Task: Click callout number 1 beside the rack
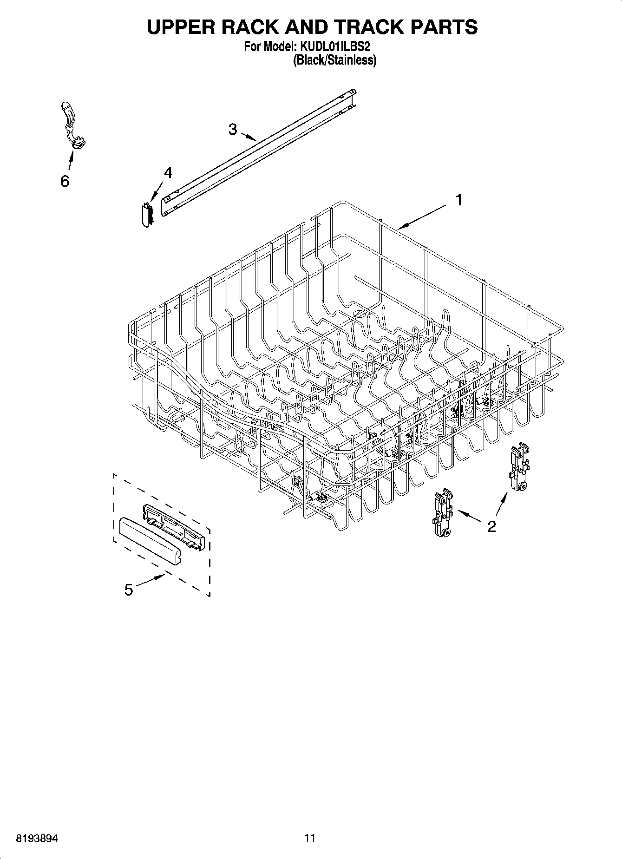coord(458,201)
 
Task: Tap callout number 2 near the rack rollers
coord(491,526)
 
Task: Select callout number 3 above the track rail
coord(233,130)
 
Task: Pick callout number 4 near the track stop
coord(168,173)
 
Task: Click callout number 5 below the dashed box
coord(129,590)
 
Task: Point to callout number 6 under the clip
coord(65,181)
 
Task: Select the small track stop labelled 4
coord(148,214)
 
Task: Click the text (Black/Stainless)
coord(334,60)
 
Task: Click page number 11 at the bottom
coord(310,838)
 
